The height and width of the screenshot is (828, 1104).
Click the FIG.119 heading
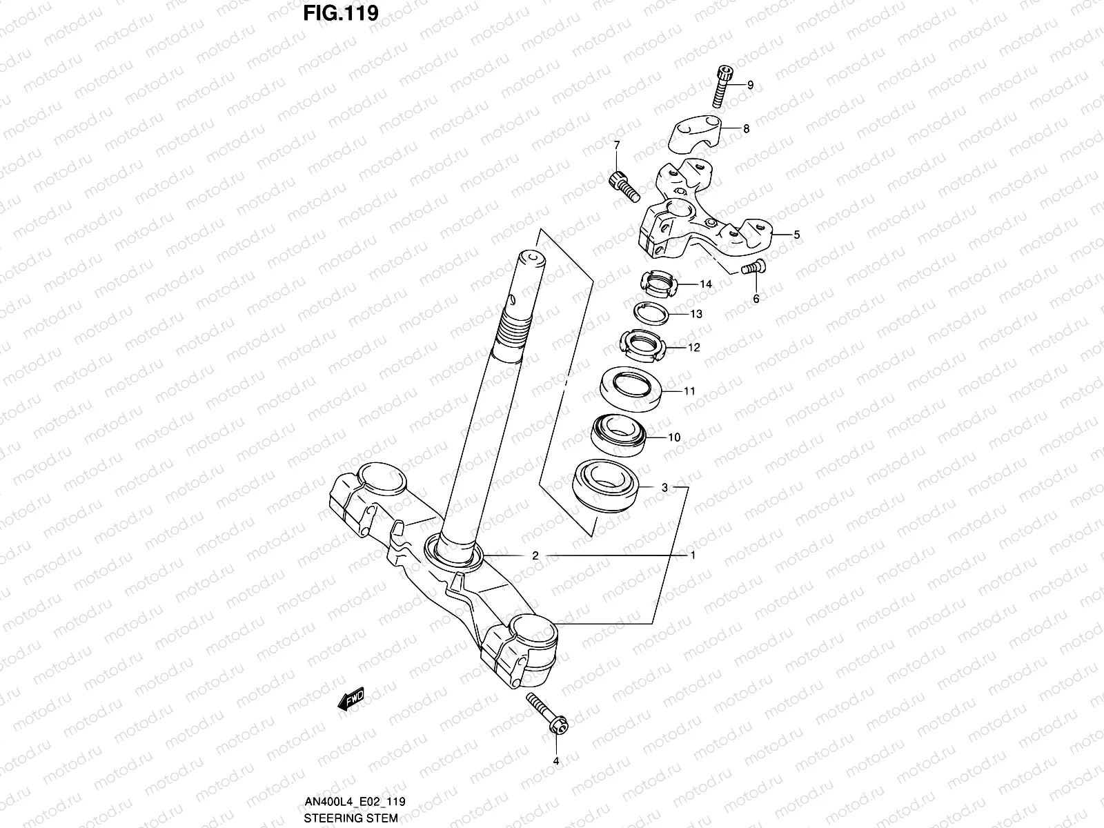(340, 13)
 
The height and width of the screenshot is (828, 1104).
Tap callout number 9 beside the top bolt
(750, 86)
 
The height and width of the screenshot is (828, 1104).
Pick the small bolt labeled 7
(621, 186)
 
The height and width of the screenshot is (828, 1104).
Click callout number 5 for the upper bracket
(796, 235)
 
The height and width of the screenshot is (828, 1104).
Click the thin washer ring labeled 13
(653, 314)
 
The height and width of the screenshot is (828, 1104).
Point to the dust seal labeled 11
(631, 388)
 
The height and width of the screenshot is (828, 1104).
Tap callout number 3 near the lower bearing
(664, 488)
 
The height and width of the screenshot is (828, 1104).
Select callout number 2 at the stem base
(535, 555)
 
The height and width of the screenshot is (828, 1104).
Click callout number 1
(693, 555)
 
